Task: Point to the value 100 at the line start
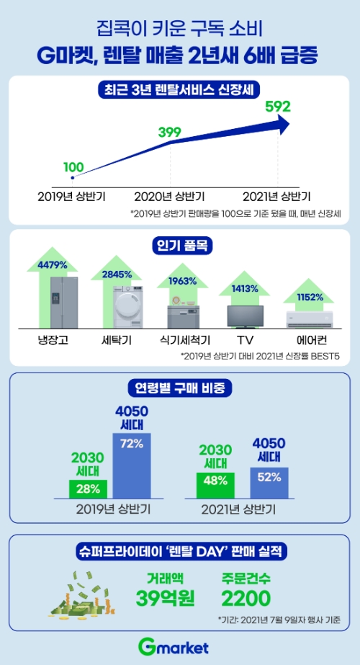tap(73, 167)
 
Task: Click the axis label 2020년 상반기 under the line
tap(171, 196)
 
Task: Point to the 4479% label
tap(53, 264)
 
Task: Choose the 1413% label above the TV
tap(244, 288)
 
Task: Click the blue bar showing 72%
tap(130, 465)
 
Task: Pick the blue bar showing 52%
tap(269, 482)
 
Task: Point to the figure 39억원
tap(165, 597)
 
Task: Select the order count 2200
tap(246, 597)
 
